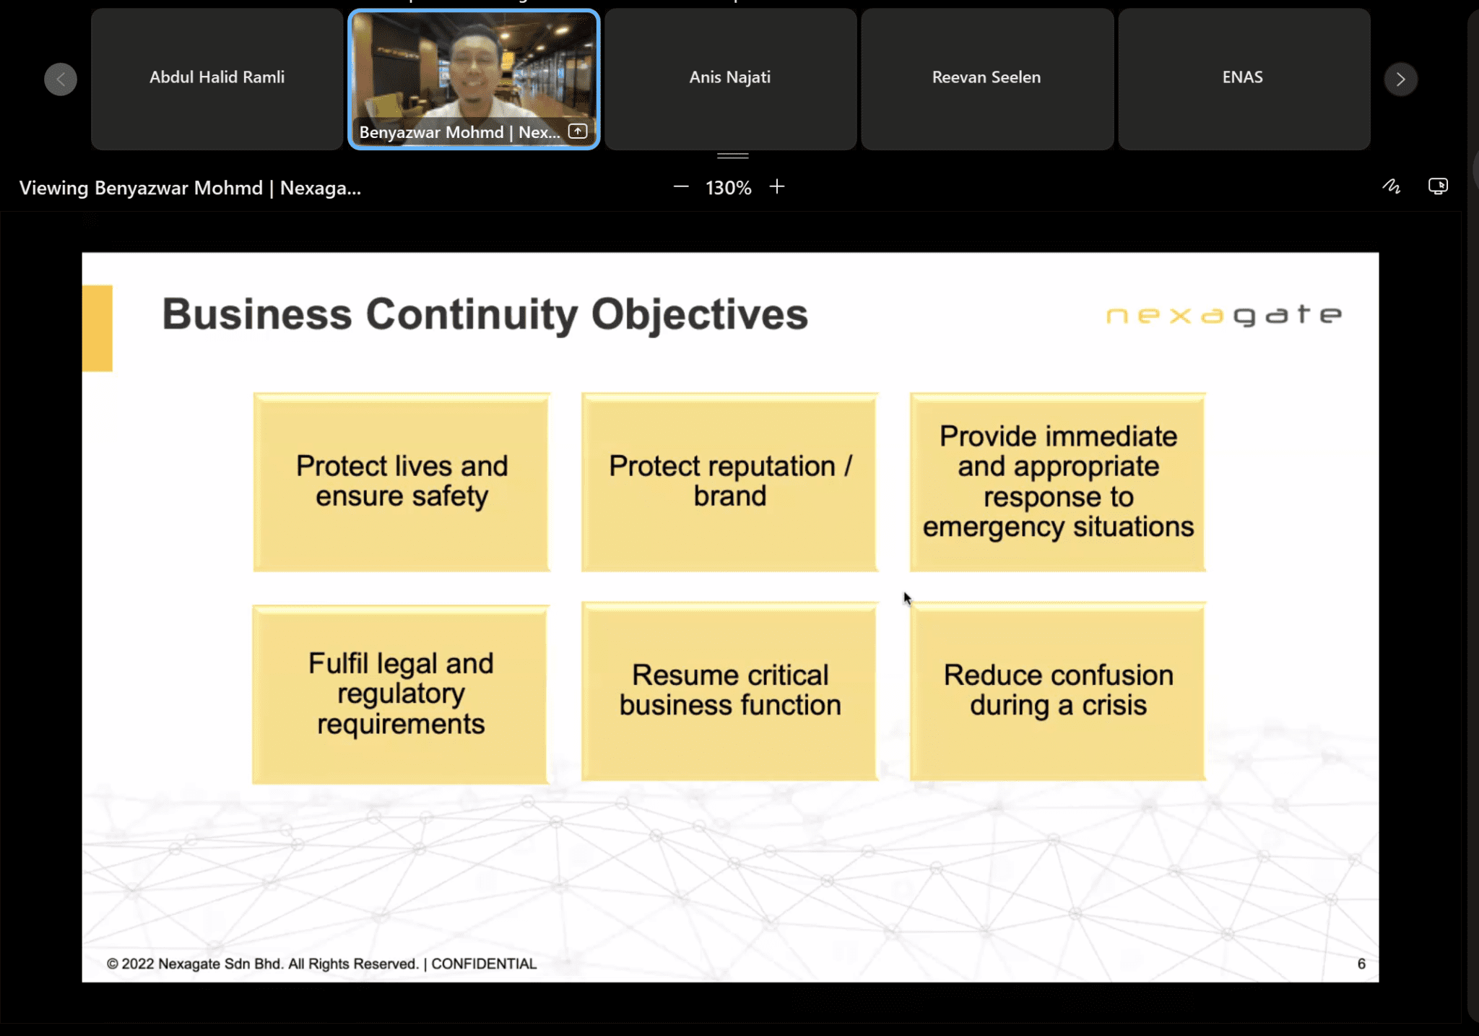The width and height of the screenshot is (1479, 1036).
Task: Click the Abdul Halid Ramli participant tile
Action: pyautogui.click(x=217, y=78)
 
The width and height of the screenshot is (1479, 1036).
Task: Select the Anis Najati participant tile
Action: pyautogui.click(x=730, y=78)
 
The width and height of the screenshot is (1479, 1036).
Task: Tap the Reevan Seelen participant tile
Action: pyautogui.click(x=986, y=78)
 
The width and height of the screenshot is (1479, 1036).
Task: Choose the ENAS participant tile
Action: pyautogui.click(x=1243, y=78)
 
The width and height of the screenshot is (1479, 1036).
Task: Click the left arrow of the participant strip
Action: pyautogui.click(x=61, y=79)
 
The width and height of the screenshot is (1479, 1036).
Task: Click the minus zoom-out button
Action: pyautogui.click(x=680, y=187)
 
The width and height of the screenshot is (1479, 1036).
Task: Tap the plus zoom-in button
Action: pyautogui.click(x=777, y=187)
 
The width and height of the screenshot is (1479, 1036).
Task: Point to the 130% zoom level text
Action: pyautogui.click(x=728, y=188)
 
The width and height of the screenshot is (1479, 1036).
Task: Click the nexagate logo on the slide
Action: pyautogui.click(x=1223, y=315)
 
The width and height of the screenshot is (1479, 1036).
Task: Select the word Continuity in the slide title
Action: pyautogui.click(x=472, y=314)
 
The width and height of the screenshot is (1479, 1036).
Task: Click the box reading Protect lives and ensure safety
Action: pyautogui.click(x=402, y=482)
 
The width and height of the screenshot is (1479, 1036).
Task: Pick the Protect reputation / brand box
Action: pyautogui.click(x=729, y=482)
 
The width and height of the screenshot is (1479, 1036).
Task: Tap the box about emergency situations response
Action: pyautogui.click(x=1057, y=482)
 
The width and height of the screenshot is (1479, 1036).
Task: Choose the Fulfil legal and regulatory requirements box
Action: pyautogui.click(x=401, y=694)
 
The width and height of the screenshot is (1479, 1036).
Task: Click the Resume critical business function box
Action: pyautogui.click(x=729, y=691)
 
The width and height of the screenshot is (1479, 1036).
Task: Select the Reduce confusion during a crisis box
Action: pyautogui.click(x=1057, y=691)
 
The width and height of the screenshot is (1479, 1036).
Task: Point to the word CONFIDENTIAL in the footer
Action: pyautogui.click(x=484, y=964)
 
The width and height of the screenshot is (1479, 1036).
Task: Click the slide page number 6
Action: pyautogui.click(x=1361, y=964)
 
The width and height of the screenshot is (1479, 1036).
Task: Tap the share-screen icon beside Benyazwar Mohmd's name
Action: pyautogui.click(x=577, y=131)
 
